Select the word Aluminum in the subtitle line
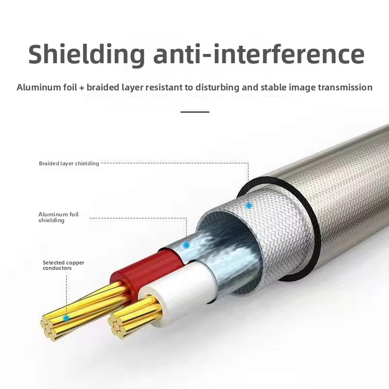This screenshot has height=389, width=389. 36,88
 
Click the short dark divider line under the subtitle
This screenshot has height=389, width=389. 194,112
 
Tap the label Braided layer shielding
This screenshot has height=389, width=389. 69,163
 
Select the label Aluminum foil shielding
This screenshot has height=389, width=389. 58,217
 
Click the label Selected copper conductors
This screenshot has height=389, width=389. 63,265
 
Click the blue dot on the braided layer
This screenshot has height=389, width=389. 249,205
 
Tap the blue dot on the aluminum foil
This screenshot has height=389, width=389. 186,245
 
